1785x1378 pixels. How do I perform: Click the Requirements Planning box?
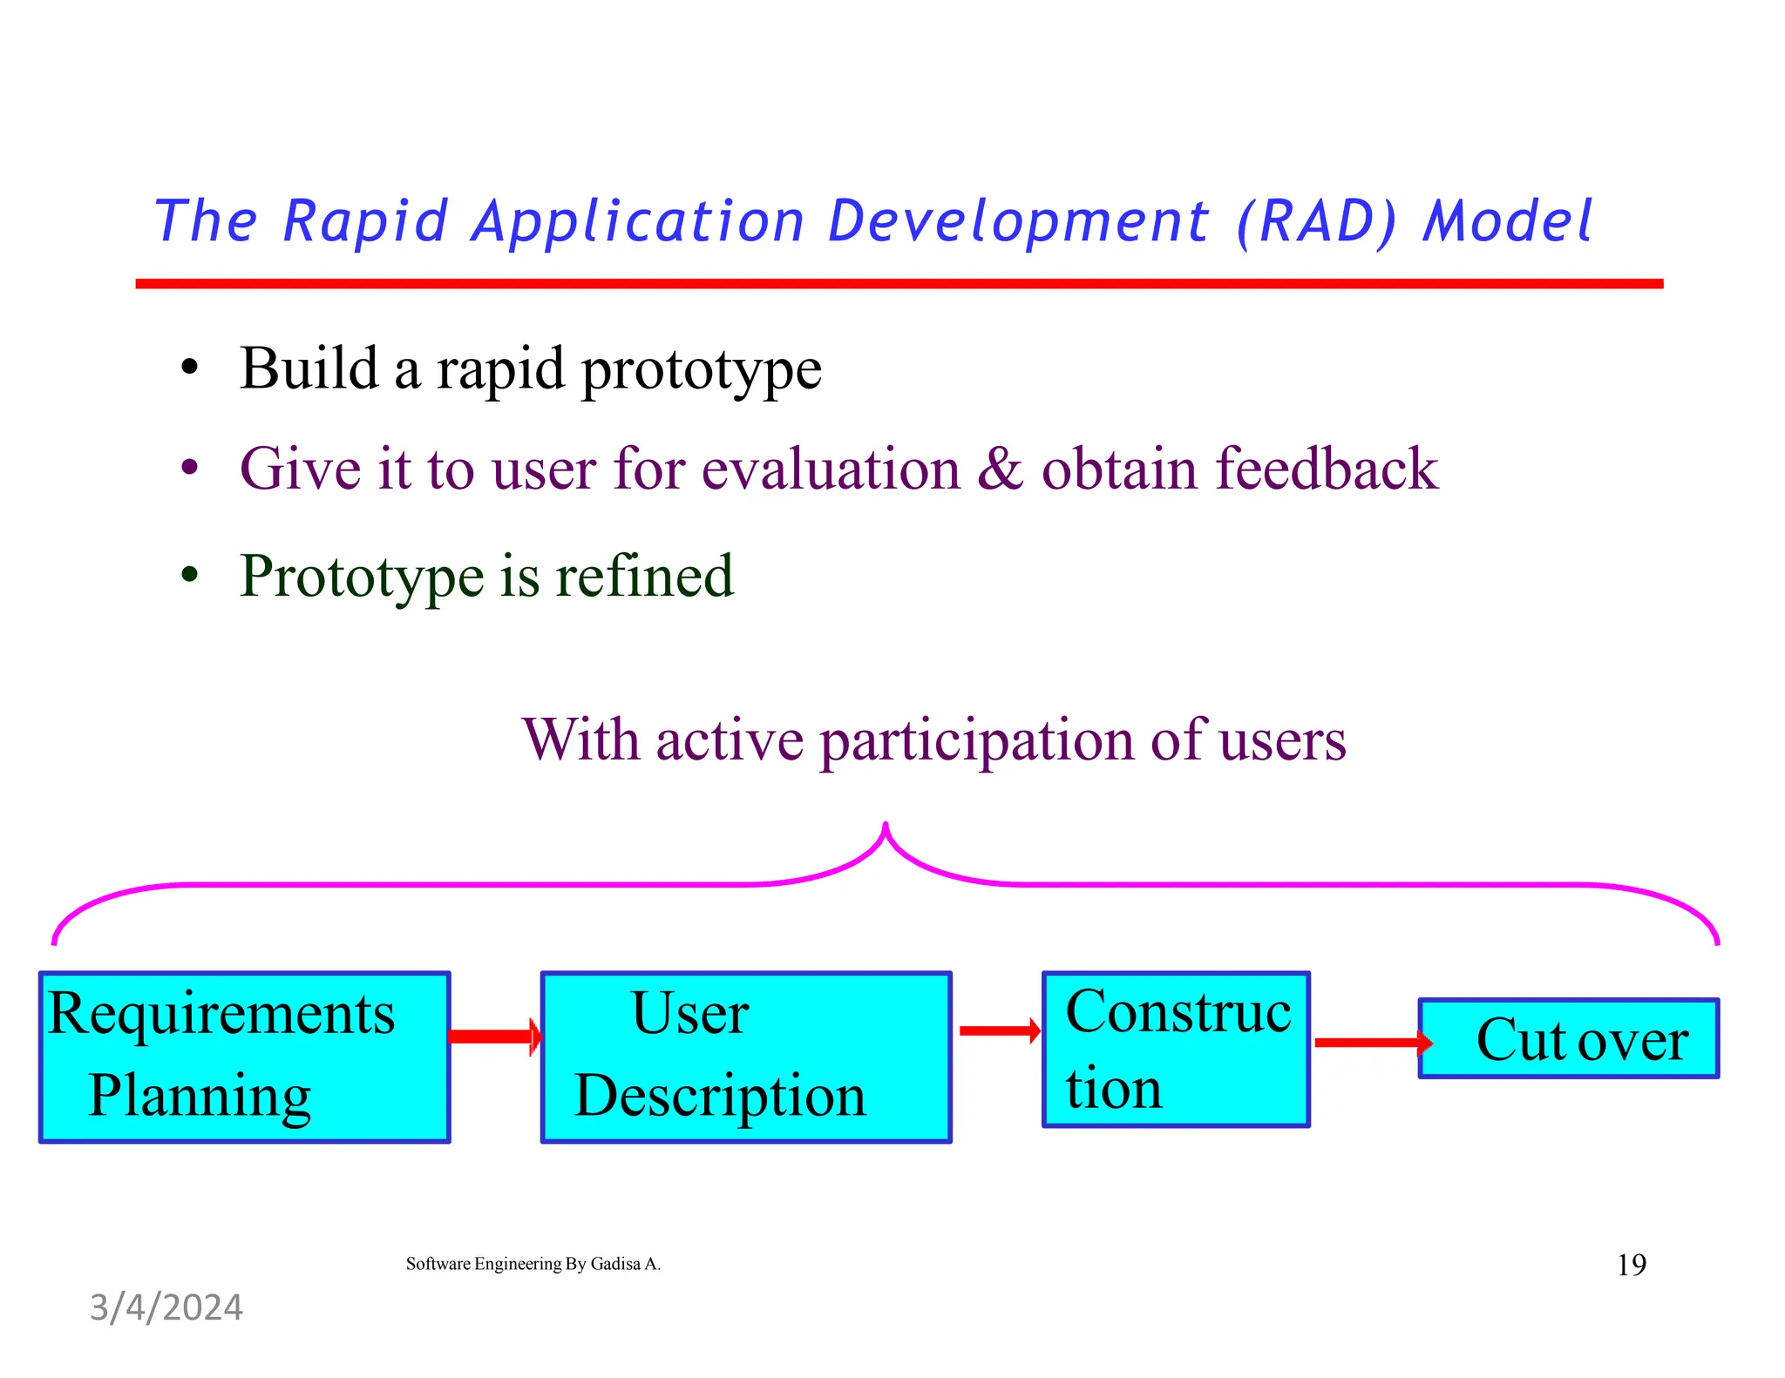tap(244, 1057)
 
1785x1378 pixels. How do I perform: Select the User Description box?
tap(746, 1057)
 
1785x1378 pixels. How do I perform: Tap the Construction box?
tap(1176, 1050)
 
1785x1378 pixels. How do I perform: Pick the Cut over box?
tap(1569, 1038)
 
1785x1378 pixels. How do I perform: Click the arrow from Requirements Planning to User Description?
tap(494, 1036)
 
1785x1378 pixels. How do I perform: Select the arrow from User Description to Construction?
tap(999, 1030)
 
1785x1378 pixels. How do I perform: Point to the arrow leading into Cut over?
tap(1372, 1042)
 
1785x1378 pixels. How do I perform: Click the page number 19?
tap(1631, 1265)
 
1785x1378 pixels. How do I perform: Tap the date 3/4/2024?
tap(166, 1307)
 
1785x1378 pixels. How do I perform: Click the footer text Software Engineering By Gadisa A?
tap(533, 1264)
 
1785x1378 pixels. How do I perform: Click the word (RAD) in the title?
tap(1317, 221)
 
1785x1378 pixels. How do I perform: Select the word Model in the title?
tap(1508, 221)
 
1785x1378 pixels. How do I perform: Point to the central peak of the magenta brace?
tap(886, 827)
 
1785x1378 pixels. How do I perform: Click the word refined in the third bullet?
tap(644, 576)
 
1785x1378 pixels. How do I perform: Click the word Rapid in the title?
tap(365, 221)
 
